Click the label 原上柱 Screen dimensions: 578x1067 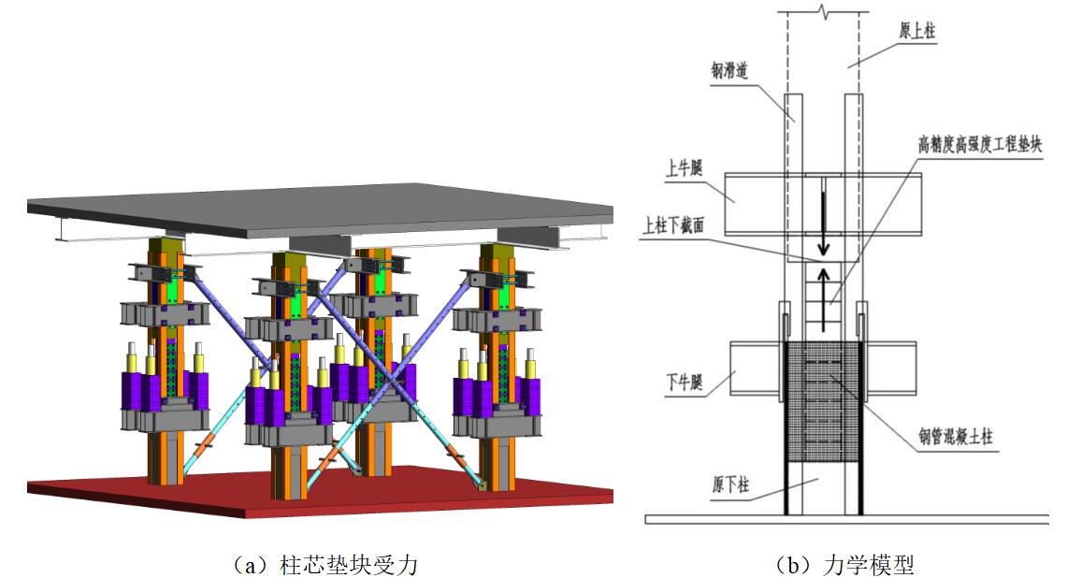click(917, 31)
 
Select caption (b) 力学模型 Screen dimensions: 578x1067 click(844, 564)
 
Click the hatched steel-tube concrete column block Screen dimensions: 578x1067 click(823, 402)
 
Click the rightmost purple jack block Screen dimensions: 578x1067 click(523, 393)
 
